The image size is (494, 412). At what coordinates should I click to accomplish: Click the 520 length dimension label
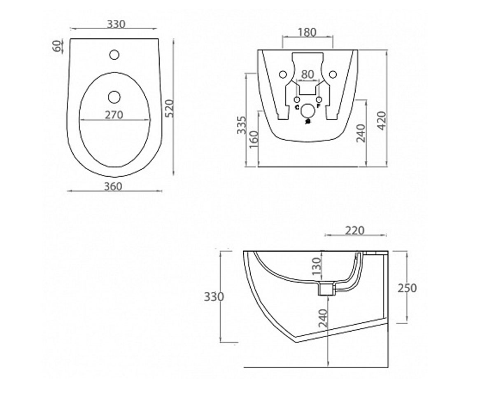pos(169,108)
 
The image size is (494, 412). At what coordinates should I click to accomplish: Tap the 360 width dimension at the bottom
pos(113,186)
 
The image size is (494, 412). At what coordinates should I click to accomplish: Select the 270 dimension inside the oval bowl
pos(114,115)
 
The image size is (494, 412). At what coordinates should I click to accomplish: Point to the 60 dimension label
pos(58,46)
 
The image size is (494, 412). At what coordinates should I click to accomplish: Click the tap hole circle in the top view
pos(114,55)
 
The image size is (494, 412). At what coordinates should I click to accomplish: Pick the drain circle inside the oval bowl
pos(114,97)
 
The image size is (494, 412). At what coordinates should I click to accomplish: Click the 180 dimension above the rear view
pos(307,33)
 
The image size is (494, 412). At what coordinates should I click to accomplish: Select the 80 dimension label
pos(308,74)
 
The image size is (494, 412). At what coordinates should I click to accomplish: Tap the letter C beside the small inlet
pos(297,107)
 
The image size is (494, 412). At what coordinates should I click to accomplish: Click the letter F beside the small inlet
pos(319,106)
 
